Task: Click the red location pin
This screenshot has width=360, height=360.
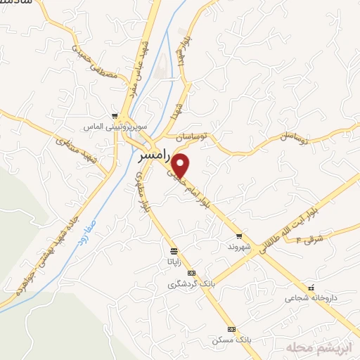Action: (x=181, y=166)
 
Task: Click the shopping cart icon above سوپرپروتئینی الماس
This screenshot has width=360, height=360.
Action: (x=115, y=117)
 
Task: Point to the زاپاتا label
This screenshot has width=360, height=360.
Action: (x=172, y=261)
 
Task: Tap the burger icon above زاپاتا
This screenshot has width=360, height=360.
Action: (x=173, y=250)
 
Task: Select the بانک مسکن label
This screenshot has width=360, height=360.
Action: (x=231, y=340)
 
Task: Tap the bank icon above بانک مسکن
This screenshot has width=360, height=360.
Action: (x=231, y=329)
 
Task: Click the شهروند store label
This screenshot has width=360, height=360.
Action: (x=239, y=248)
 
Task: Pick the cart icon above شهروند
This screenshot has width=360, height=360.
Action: (x=239, y=236)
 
